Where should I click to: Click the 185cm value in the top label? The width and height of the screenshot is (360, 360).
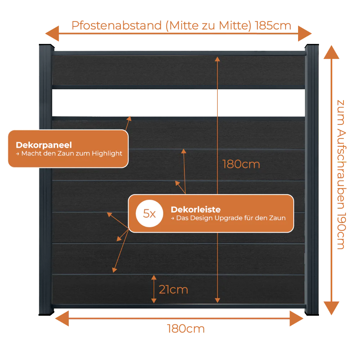point(273,26)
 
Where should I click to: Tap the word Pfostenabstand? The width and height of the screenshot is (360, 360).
point(117,26)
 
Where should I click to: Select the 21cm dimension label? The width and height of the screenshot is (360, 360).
point(174,289)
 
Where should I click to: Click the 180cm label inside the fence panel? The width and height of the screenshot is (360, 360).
point(241,165)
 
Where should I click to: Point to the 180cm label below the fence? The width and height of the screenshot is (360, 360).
point(186,329)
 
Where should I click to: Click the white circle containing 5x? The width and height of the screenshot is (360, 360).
point(149,213)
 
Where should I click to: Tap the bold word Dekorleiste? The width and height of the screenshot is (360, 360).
point(195,210)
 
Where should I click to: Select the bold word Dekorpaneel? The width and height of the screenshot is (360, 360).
point(44,145)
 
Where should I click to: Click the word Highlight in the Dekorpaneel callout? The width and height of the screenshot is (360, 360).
point(107,153)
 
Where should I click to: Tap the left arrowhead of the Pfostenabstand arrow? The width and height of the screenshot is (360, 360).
point(52,33)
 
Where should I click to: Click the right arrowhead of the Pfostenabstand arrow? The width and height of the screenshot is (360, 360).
point(305,33)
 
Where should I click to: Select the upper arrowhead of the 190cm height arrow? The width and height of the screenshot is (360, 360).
point(331,52)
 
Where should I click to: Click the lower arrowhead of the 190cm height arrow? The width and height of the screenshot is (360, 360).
point(331,308)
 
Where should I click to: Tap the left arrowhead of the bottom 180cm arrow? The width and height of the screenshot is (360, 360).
point(62,319)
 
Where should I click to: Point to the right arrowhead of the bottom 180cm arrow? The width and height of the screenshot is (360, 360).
point(297,319)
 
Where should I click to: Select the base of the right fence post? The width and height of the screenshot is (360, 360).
point(312,312)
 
